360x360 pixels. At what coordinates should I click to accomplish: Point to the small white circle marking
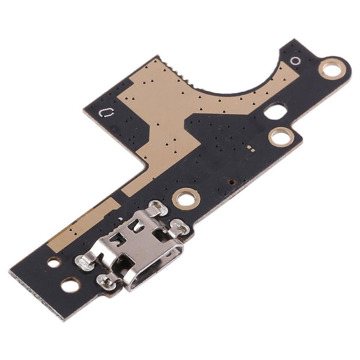295,61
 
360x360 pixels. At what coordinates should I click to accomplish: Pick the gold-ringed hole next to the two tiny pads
280,137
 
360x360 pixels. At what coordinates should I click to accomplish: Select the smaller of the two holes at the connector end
54,262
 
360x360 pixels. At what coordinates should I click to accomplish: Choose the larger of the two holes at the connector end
70,285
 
